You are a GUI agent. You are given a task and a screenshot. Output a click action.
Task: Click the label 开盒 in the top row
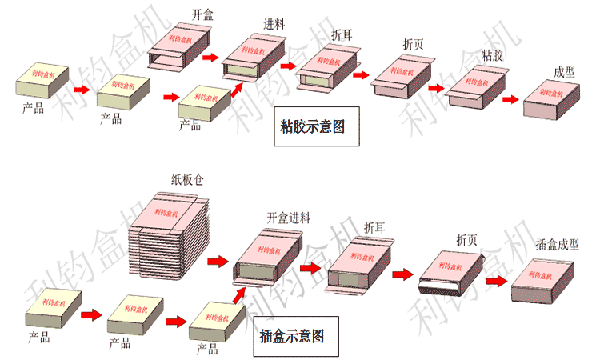click(x=203, y=14)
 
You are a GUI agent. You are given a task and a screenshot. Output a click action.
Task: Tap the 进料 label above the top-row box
click(x=276, y=24)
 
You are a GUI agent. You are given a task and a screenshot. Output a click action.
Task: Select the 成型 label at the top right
click(x=564, y=72)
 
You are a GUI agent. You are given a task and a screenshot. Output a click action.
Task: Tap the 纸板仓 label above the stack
click(x=187, y=180)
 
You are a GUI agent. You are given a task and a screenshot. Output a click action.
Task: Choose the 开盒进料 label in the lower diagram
click(x=288, y=218)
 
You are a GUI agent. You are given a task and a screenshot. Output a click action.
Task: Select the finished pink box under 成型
click(x=550, y=100)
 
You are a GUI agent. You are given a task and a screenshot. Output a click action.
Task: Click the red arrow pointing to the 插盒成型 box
click(x=495, y=281)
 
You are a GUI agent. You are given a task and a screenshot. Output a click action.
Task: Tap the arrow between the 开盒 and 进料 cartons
click(x=210, y=58)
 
